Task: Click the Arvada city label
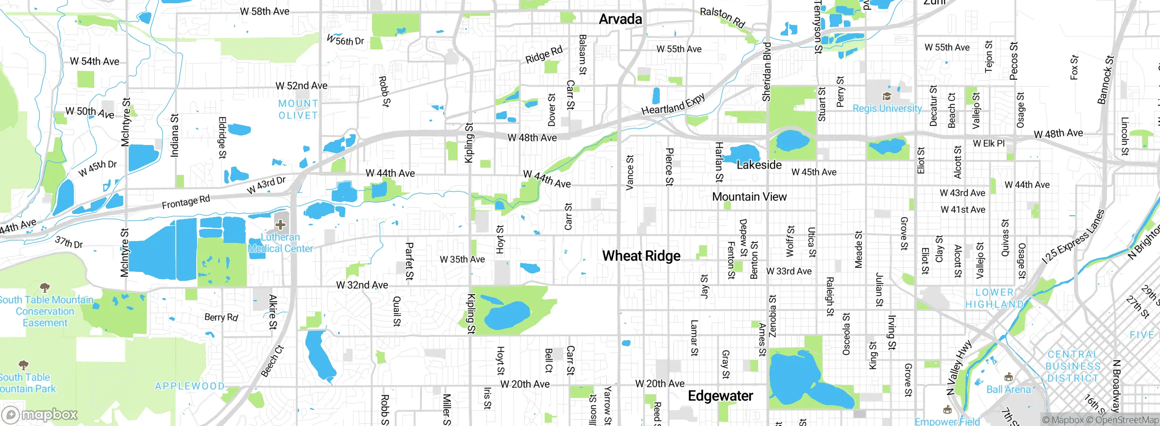point(620,19)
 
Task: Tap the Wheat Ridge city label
point(641,256)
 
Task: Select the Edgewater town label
point(720,396)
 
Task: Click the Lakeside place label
point(759,165)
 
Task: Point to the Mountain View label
point(749,197)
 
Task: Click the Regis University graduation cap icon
point(887,97)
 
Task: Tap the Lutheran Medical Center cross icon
point(280,225)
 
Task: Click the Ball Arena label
point(1009,389)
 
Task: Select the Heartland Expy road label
point(673,104)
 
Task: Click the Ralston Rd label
point(722,18)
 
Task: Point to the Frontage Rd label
point(186,202)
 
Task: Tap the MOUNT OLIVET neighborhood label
point(298,110)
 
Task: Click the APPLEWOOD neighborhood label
point(189,386)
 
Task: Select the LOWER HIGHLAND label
point(994,298)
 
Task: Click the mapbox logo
point(39,415)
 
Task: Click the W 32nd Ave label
point(362,285)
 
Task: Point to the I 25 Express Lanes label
point(1073,237)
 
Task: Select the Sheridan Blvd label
point(767,72)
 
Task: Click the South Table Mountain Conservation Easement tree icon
point(45,287)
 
